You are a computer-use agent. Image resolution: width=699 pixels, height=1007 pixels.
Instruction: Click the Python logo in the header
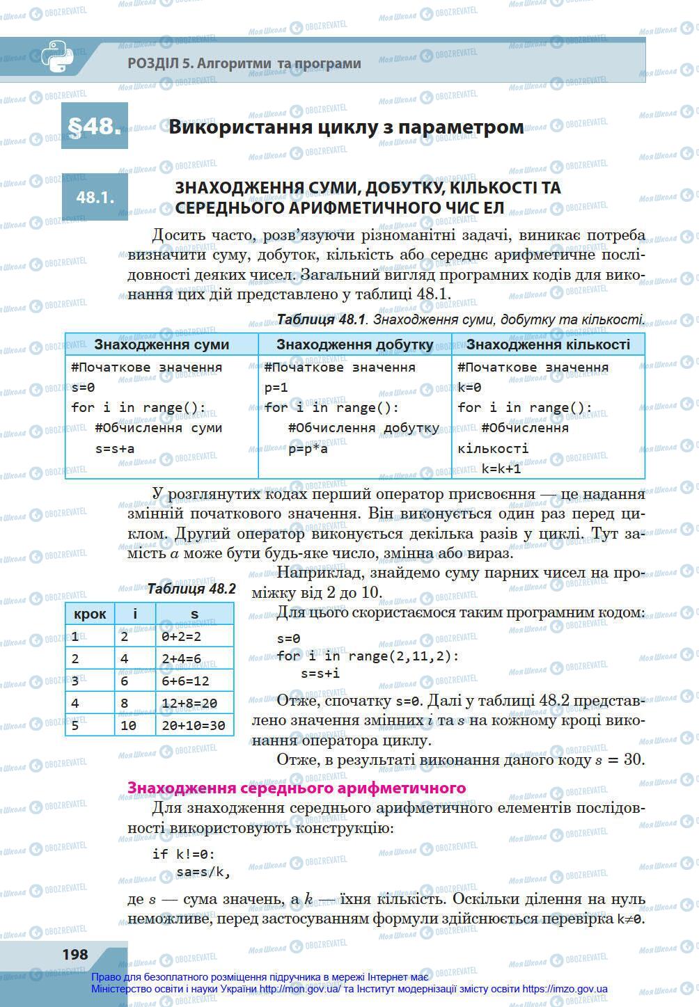pyautogui.click(x=56, y=57)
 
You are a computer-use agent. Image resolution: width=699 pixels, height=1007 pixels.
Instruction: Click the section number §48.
pyautogui.click(x=94, y=126)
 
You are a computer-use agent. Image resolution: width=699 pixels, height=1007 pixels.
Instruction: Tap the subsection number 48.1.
pyautogui.click(x=95, y=197)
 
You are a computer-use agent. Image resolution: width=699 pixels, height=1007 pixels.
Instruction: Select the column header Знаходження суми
pyautogui.click(x=162, y=344)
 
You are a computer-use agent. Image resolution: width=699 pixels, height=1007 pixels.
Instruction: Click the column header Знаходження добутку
pyautogui.click(x=354, y=344)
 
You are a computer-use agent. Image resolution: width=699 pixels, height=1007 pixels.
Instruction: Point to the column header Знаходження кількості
pyautogui.click(x=548, y=344)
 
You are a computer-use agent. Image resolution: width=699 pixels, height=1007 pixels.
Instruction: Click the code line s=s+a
pyautogui.click(x=115, y=449)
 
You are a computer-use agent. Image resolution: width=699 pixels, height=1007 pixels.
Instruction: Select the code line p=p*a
pyautogui.click(x=308, y=449)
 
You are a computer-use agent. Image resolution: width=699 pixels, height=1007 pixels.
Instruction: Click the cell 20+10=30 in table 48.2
pyautogui.click(x=193, y=726)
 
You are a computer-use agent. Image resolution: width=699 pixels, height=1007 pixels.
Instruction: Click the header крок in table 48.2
pyautogui.click(x=90, y=614)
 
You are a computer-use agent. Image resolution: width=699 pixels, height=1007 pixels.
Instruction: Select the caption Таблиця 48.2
pyautogui.click(x=191, y=589)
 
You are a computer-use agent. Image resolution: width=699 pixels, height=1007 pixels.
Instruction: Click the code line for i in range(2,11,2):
pyautogui.click(x=368, y=656)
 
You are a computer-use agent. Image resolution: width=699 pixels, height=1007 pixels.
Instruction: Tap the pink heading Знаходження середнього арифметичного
pyautogui.click(x=296, y=788)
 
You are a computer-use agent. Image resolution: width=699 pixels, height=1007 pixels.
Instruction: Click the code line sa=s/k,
pyautogui.click(x=203, y=871)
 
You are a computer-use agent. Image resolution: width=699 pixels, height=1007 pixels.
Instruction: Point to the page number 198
pyautogui.click(x=75, y=954)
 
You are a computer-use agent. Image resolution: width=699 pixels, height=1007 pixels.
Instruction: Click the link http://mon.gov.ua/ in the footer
pyautogui.click(x=299, y=989)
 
